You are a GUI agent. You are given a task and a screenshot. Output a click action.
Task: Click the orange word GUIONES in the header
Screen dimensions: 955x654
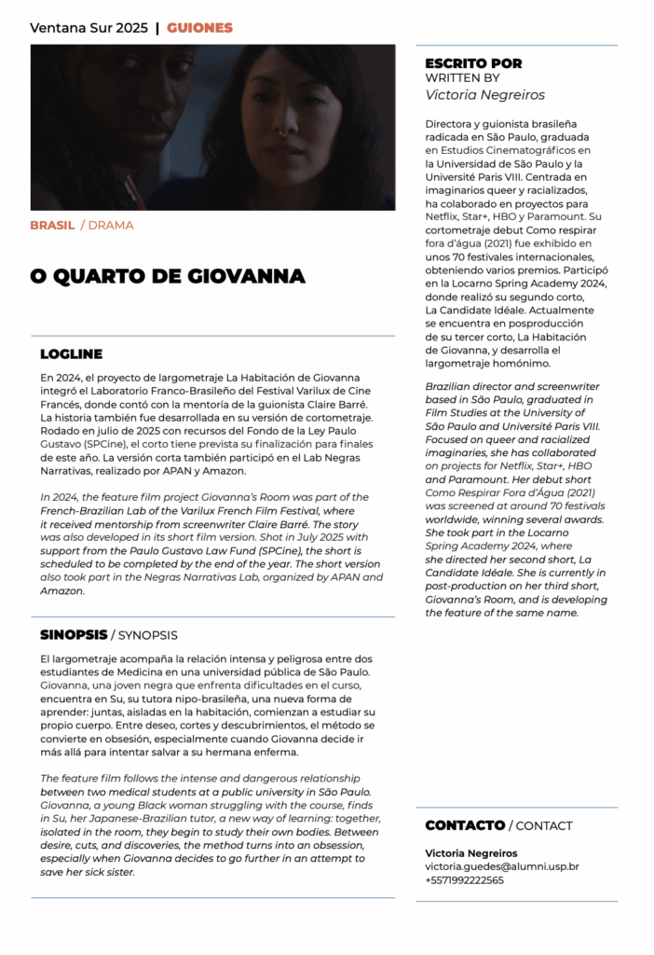(199, 28)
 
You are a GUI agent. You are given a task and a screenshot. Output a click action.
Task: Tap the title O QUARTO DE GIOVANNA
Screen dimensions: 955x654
(167, 276)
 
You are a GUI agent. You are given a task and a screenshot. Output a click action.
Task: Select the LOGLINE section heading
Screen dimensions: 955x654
(71, 354)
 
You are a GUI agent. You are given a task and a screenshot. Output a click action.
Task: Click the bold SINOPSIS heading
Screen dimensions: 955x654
(73, 635)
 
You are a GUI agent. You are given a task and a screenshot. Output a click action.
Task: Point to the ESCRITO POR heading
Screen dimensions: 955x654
(473, 63)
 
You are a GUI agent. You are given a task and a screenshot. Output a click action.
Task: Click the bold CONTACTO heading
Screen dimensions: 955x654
(464, 825)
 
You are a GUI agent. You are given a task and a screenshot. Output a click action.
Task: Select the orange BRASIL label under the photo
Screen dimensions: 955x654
(52, 226)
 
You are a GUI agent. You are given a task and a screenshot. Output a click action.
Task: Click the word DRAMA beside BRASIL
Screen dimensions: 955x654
(111, 226)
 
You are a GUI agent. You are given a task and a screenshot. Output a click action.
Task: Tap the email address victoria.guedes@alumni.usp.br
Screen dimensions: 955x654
(501, 866)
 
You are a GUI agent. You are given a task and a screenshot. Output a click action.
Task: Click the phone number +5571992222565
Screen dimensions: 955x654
(465, 880)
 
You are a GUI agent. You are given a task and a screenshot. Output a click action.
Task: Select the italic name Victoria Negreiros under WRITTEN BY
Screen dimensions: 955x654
(484, 94)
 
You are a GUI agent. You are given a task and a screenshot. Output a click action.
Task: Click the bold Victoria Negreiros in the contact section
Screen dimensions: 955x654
(471, 852)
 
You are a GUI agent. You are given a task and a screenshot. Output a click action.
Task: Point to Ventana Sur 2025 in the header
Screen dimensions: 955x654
(89, 28)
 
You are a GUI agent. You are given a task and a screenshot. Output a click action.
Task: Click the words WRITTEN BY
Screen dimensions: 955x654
(462, 78)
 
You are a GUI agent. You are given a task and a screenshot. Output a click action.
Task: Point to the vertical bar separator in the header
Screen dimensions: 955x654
(157, 28)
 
